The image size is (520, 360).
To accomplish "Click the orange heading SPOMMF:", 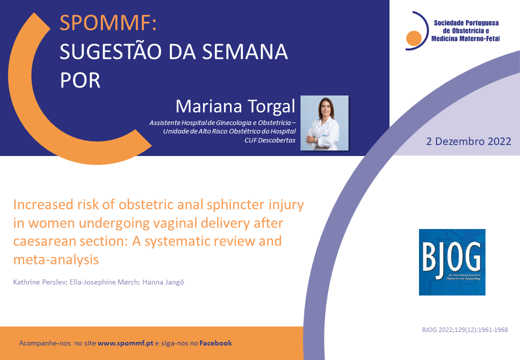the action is (x=108, y=23).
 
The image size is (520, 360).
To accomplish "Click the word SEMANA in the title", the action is (x=244, y=51).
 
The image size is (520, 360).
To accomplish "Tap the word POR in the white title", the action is (x=80, y=80).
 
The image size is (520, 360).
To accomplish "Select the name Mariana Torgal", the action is (x=235, y=106).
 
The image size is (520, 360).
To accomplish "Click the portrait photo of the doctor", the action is (x=324, y=123).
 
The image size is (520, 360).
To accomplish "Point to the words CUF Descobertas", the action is (x=270, y=140).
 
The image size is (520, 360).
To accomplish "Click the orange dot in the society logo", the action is (x=414, y=38).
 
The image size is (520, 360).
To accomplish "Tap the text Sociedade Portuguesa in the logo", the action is (x=466, y=23).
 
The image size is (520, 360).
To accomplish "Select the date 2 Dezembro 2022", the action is (x=468, y=141).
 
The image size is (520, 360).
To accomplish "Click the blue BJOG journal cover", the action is (x=452, y=262).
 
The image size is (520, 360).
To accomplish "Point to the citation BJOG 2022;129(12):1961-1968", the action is (x=465, y=330).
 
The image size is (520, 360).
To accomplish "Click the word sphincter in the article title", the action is (x=235, y=205).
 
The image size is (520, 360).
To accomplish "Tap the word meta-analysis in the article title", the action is (x=56, y=259).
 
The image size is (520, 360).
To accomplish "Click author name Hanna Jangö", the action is (x=163, y=282).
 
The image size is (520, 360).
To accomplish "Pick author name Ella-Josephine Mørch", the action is (x=104, y=282).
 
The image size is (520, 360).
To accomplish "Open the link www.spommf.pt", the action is (x=125, y=343).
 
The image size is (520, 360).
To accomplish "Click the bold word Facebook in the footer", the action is (x=215, y=343).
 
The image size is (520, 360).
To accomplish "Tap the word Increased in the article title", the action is (x=43, y=205).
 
